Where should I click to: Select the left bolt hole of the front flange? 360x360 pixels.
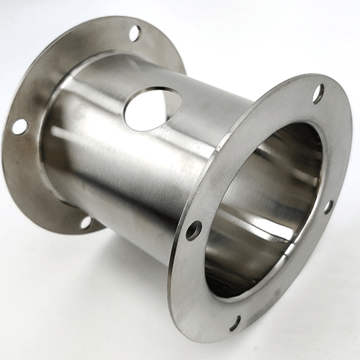click(x=194, y=230)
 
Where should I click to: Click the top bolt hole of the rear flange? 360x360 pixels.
click(x=135, y=32)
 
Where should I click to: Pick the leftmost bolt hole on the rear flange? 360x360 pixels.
click(x=19, y=127)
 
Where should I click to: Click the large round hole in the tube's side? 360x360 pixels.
click(x=152, y=108)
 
